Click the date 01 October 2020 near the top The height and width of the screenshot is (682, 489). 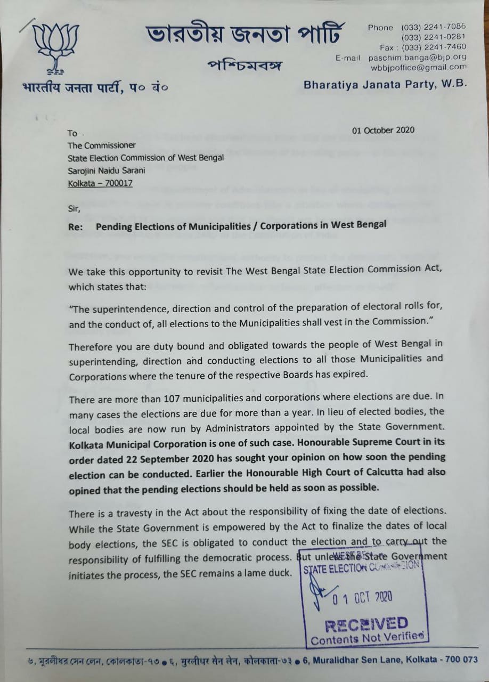pos(383,130)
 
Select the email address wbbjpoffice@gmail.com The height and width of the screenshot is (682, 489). pos(419,67)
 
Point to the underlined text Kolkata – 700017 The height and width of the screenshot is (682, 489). pos(101,184)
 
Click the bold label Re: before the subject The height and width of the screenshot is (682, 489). pos(76,225)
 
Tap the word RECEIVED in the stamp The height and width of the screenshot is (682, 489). pos(366,623)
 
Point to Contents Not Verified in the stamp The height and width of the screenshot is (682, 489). pos(368,637)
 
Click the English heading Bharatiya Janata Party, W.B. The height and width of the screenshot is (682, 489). pos(385,84)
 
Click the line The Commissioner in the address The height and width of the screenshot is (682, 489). pos(101,145)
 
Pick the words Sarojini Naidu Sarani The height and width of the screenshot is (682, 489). pos(107,170)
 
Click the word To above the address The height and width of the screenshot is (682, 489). pos(72,133)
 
